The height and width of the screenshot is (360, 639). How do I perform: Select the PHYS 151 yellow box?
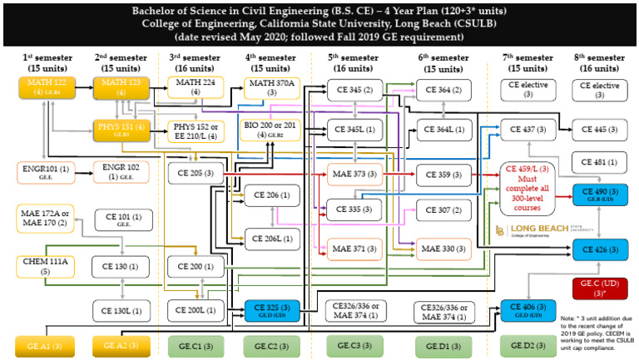pyautogui.click(x=120, y=131)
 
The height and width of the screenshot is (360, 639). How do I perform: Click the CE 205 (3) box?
pyautogui.click(x=195, y=175)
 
